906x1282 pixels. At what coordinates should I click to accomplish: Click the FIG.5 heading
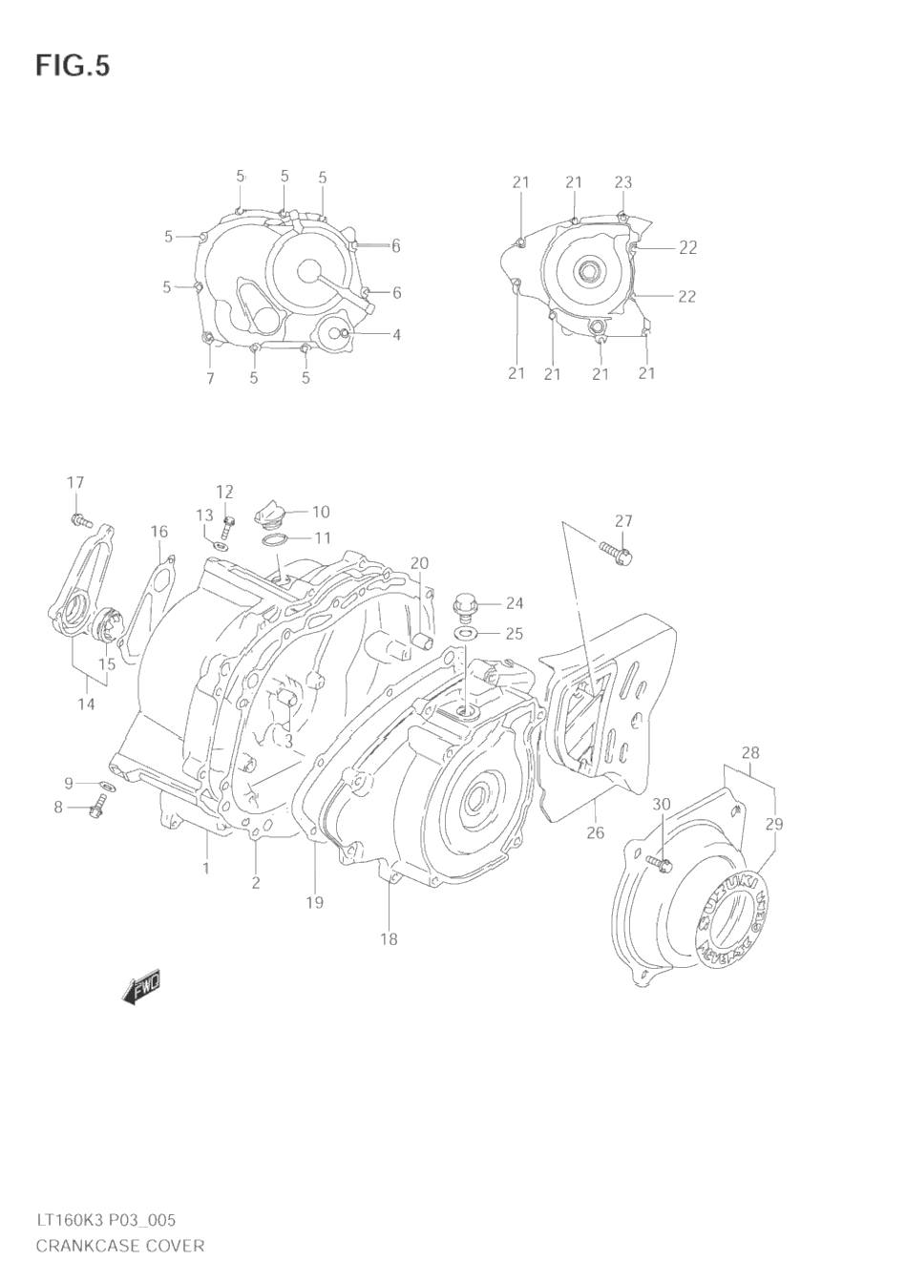coord(73,66)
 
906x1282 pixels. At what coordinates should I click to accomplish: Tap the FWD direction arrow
coord(142,987)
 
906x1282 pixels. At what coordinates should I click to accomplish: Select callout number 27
coord(622,521)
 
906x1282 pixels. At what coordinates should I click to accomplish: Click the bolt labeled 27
coord(616,552)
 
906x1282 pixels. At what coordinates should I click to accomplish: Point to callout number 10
coord(320,512)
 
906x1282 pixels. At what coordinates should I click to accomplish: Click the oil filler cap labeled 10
coord(269,515)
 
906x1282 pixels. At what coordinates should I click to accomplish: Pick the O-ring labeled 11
coord(274,540)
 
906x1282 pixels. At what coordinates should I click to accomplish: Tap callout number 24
coord(515,603)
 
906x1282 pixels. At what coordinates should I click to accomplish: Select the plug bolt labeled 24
coord(465,606)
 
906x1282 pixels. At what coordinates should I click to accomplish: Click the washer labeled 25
coord(467,633)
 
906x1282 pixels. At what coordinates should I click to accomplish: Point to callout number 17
coord(75,483)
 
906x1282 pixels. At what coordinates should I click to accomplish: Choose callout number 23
coord(622,182)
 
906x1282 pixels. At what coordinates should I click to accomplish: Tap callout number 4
coord(395,334)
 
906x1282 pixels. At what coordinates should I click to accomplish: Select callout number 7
coord(210,378)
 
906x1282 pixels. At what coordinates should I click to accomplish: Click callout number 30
coord(661,805)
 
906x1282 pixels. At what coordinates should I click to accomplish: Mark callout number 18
coord(388,939)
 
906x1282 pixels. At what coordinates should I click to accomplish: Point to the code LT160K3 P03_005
coord(105,1220)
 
